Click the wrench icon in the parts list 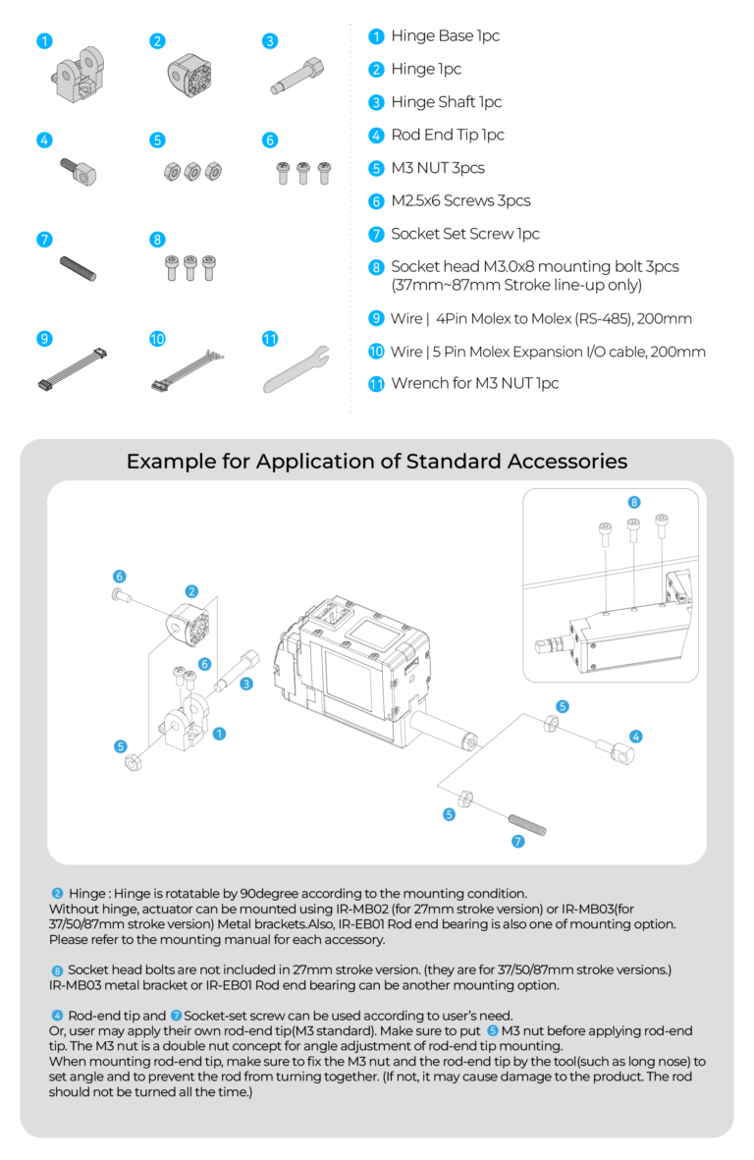tap(296, 369)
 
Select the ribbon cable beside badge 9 tap(72, 369)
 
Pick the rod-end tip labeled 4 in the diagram tap(616, 752)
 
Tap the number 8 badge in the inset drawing tap(634, 502)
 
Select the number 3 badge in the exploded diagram tap(247, 684)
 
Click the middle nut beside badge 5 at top tap(191, 171)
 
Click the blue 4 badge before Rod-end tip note tap(57, 1015)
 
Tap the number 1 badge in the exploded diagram tap(219, 733)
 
